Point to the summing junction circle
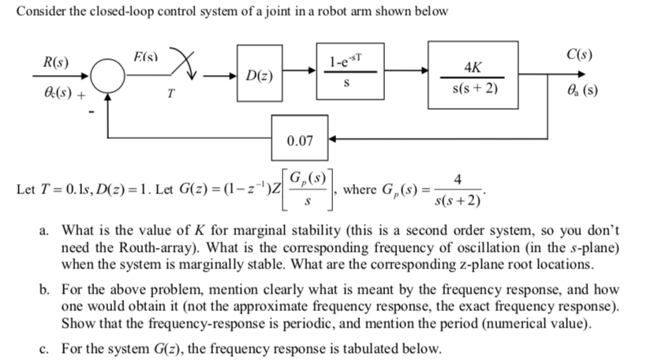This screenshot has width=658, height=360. pyautogui.click(x=107, y=77)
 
